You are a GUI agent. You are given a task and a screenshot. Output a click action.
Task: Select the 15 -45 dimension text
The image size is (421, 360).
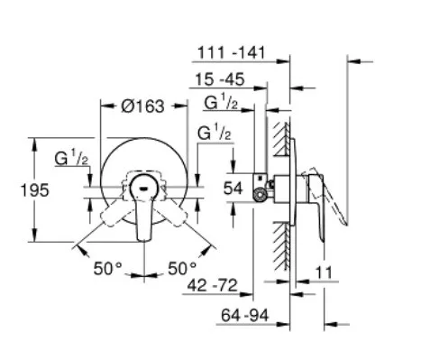point(220,79)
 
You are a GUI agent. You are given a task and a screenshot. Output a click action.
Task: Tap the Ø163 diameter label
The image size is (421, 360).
point(143,106)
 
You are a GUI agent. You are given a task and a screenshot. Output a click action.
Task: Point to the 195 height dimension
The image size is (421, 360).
point(34,190)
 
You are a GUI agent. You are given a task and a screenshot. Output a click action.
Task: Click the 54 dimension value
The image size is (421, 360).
point(233,189)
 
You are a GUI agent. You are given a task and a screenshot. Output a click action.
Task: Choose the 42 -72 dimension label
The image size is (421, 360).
point(212,285)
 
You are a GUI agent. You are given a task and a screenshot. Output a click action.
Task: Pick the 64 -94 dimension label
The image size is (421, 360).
point(244,316)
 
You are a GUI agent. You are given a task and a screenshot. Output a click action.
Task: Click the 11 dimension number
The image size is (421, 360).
point(324,272)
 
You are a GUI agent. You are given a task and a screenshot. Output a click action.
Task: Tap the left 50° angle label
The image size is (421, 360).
point(108,268)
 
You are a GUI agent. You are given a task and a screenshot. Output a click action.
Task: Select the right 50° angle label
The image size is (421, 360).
point(182,268)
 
